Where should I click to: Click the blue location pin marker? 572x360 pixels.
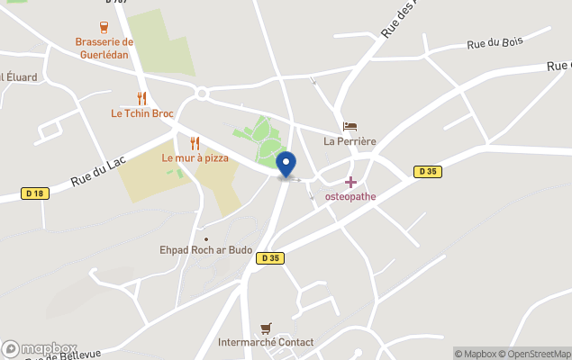286,165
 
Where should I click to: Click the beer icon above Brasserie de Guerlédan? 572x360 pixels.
104,28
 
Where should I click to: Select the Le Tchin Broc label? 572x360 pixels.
142,113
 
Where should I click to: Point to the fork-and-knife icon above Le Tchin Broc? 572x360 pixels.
141,98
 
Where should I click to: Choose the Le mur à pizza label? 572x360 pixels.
195,157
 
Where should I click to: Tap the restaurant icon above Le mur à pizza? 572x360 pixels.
195,143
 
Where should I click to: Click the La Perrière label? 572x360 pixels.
350,141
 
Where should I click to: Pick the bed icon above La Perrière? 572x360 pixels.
350,127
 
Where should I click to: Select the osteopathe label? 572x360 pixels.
350,196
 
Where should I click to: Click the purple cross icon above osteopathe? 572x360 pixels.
350,182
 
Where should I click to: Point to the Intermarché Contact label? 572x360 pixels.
266,342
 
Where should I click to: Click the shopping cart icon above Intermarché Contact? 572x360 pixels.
266,328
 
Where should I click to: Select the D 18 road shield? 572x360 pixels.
35,193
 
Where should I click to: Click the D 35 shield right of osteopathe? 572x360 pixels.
427,171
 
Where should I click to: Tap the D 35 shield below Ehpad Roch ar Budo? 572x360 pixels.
269,258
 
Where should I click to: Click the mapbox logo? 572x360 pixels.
40,349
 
